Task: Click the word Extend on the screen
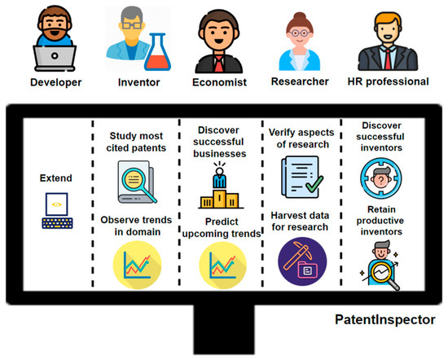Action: point(56,177)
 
